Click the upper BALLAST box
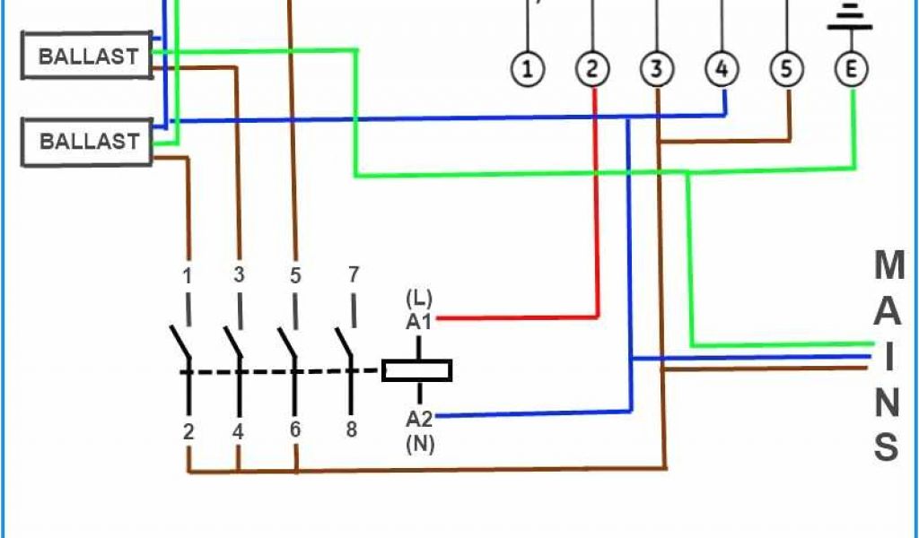tap(87, 56)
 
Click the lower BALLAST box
tap(87, 142)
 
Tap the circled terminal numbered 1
tap(529, 69)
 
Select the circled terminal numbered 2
tap(592, 69)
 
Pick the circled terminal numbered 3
tap(657, 69)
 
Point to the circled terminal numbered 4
tap(722, 69)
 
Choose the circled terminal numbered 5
tap(786, 69)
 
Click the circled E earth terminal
tap(851, 69)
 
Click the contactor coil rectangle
tap(416, 370)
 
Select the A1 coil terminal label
tap(419, 320)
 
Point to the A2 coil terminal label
tap(419, 419)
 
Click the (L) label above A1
tap(419, 297)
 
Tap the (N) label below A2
tap(419, 442)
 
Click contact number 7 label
tap(353, 274)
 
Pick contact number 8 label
tap(351, 430)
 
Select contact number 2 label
tap(188, 431)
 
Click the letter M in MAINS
tap(888, 265)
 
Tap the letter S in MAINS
tap(887, 447)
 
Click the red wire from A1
tap(521, 317)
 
